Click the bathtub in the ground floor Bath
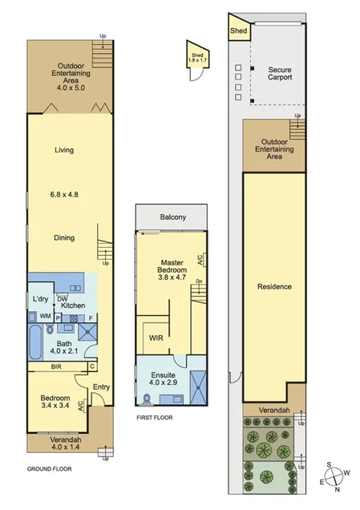[35, 344]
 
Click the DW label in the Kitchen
[61, 298]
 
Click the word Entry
[101, 388]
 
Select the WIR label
[156, 338]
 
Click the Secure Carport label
[280, 74]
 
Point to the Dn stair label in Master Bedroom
[199, 281]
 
